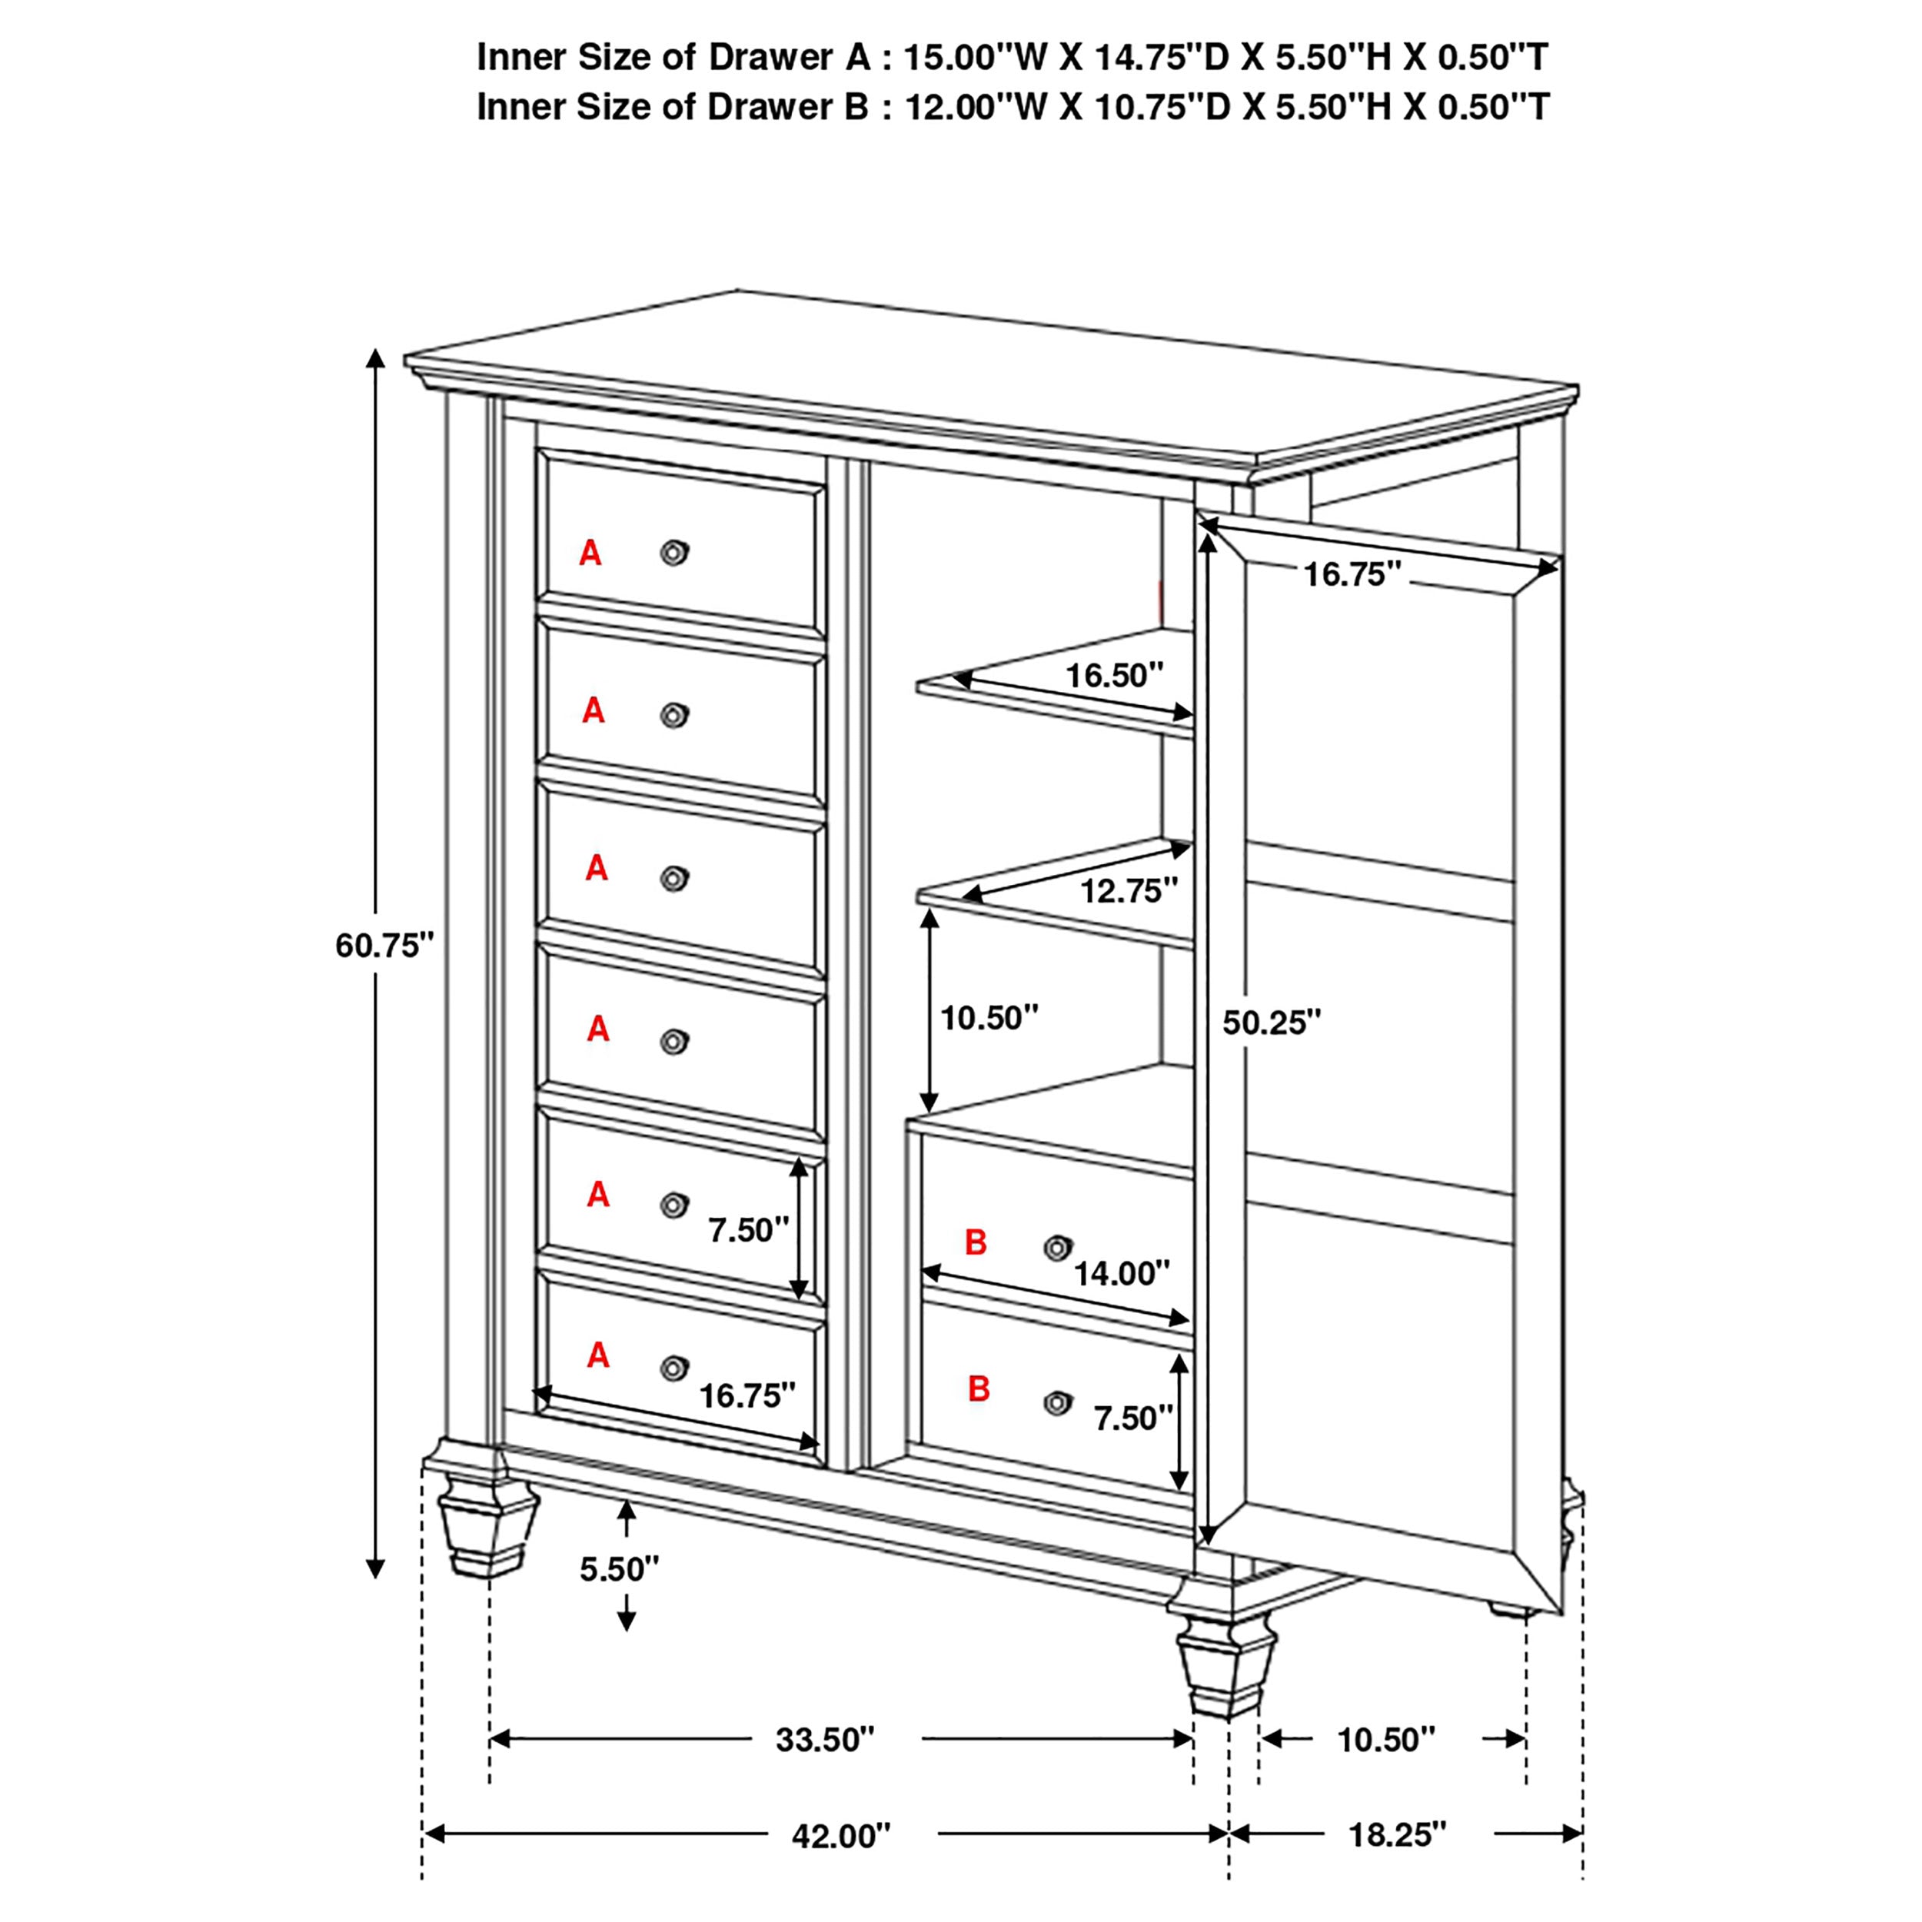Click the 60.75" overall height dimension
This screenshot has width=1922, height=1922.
tap(384, 945)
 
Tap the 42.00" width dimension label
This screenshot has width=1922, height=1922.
tap(840, 1835)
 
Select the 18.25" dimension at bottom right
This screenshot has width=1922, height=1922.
tap(1397, 1834)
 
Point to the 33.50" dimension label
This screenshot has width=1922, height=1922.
tap(825, 1740)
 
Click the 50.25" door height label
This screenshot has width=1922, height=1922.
tap(1272, 1022)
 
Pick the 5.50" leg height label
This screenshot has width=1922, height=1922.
tap(619, 1569)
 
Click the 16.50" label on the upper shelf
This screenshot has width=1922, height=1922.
tap(1113, 676)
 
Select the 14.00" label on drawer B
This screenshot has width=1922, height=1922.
tap(1121, 1272)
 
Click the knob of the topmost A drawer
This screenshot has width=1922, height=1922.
tap(674, 552)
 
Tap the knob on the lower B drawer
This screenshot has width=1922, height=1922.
tap(1058, 1403)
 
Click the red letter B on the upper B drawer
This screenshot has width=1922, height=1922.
tap(976, 1242)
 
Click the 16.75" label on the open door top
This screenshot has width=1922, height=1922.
tap(1352, 574)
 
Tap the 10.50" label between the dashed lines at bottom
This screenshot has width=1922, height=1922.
tap(1386, 1740)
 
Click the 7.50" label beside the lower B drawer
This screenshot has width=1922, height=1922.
tap(1133, 1418)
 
